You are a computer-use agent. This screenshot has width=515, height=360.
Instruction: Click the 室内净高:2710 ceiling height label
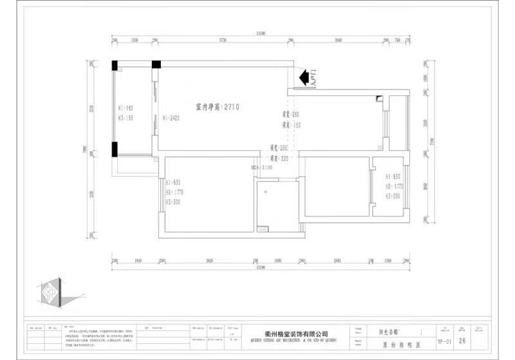coord(218,107)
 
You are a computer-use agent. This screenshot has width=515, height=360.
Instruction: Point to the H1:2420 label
coord(171,118)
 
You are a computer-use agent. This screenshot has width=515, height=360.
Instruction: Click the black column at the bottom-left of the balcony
coord(114,149)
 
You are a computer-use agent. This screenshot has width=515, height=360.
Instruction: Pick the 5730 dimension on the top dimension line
coord(223,41)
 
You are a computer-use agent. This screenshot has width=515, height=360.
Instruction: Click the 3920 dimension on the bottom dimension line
coord(209,260)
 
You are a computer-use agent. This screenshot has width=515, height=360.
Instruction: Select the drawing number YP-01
coord(444,343)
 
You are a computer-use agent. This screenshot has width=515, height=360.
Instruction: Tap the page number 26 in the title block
coord(462,342)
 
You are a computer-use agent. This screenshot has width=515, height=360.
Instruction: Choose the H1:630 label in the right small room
coord(393,176)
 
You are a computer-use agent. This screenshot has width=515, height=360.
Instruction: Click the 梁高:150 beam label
coord(291,125)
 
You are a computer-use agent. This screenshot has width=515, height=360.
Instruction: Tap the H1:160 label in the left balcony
coord(126,108)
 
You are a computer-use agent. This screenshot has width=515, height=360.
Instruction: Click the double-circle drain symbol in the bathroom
coord(262,228)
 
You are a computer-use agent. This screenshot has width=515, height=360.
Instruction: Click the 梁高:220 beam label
coord(280,157)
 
